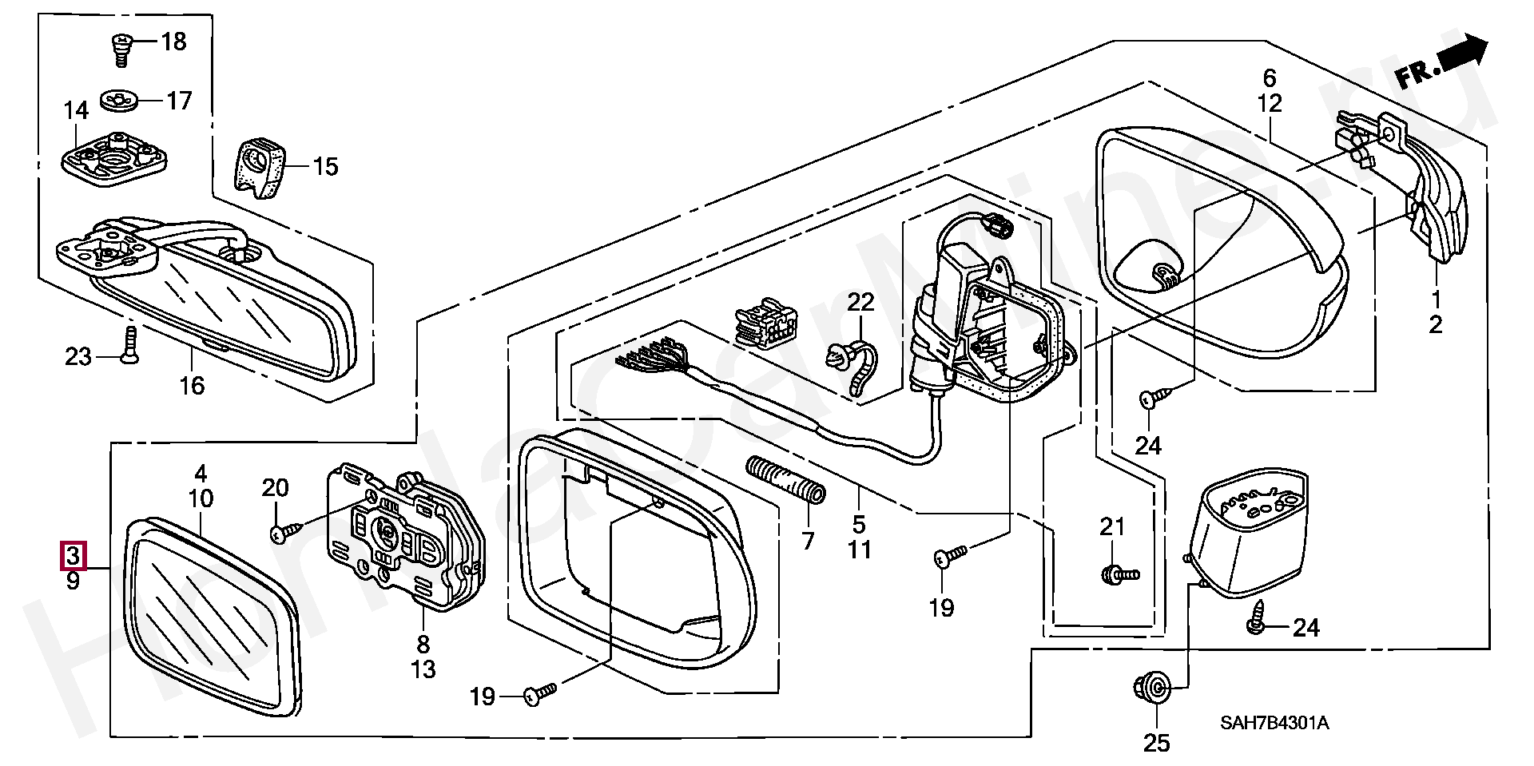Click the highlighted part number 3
coord(73,555)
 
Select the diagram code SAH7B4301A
coord(1274,723)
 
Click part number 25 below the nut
coord(1156,743)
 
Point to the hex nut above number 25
coord(1151,687)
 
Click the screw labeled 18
coord(120,48)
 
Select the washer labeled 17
coord(119,101)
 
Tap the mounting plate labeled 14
coord(114,158)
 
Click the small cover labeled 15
coord(260,167)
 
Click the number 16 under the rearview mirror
coord(192,385)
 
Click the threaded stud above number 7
coord(785,479)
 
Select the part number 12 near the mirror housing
coord(1270,103)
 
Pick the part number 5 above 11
coord(859,524)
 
